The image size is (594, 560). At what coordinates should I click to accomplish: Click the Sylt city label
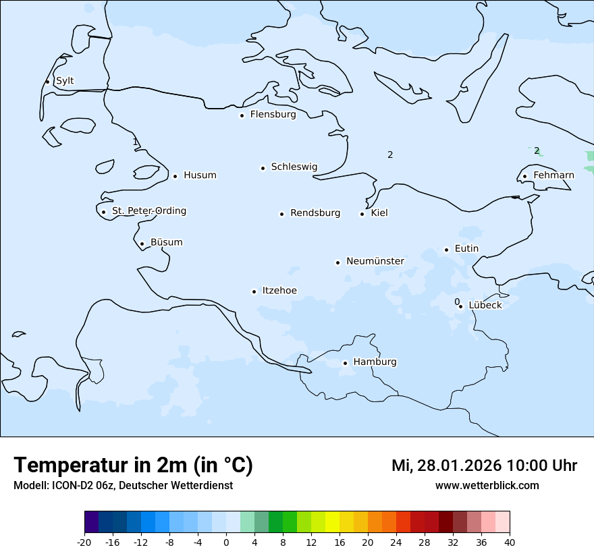[x=65, y=81]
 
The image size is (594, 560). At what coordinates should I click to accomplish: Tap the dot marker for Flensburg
[x=242, y=115]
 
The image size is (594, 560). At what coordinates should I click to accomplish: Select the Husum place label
[x=200, y=175]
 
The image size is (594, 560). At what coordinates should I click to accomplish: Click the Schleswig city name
[x=294, y=167]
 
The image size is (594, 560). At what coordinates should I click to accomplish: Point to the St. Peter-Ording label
[x=148, y=211]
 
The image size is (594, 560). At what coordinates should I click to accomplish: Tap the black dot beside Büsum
[x=142, y=244]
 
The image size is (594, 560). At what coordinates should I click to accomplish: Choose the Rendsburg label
[x=315, y=213]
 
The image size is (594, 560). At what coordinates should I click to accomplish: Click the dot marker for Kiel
[x=362, y=215]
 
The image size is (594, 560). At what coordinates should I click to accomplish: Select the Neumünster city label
[x=375, y=261]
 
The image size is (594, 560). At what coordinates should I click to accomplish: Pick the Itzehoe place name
[x=279, y=291]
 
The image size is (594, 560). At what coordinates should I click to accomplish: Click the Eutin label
[x=466, y=249]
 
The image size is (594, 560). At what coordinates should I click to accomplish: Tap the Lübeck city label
[x=485, y=305]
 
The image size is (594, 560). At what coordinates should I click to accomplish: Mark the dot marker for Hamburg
[x=345, y=363]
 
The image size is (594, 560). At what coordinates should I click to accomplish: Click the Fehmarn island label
[x=553, y=175]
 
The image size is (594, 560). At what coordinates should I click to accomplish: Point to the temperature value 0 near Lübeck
[x=457, y=302]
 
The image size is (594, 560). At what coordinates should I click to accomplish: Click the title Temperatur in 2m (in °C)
[x=134, y=465]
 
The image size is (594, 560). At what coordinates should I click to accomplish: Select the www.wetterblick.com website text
[x=487, y=486]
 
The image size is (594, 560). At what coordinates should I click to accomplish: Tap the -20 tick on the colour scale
[x=84, y=542]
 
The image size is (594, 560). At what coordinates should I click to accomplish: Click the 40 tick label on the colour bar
[x=510, y=542]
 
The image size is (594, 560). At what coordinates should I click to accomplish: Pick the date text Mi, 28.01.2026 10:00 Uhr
[x=484, y=466]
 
